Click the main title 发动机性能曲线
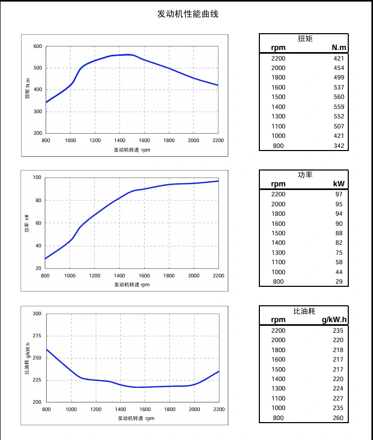point(188,14)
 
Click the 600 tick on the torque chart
point(37,46)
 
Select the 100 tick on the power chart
point(37,177)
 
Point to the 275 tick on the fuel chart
point(37,336)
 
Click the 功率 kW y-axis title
point(27,223)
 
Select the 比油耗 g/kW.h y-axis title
point(27,358)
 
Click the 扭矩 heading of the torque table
point(305,38)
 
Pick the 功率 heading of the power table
point(305,174)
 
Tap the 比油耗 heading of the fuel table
point(304,311)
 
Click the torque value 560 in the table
point(339,97)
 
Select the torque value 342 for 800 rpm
point(339,146)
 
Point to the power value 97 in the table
point(339,194)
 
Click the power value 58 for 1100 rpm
point(339,262)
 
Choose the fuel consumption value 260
point(338,418)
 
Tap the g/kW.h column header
point(334,320)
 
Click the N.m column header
point(339,48)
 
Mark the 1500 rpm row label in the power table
point(278,233)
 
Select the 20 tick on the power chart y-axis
point(38,268)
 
